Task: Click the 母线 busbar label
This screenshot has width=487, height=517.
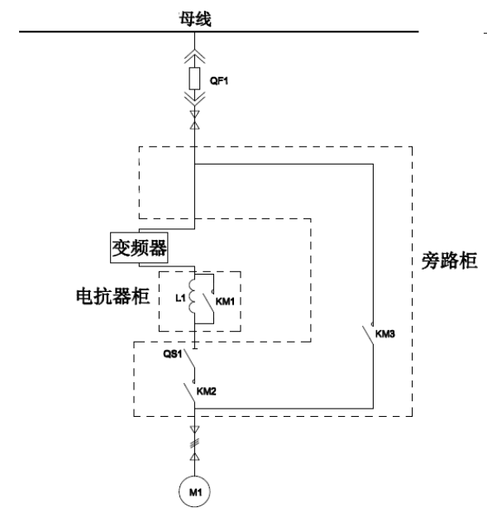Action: (x=195, y=19)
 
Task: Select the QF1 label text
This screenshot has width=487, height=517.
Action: (x=219, y=81)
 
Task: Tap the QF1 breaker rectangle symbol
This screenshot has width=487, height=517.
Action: (x=194, y=79)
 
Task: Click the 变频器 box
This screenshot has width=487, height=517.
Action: (x=139, y=248)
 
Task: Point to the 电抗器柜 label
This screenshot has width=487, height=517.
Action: (x=112, y=296)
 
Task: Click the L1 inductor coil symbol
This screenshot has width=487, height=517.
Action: (x=192, y=296)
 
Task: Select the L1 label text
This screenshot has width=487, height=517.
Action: (x=180, y=299)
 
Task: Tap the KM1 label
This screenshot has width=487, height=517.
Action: (x=225, y=301)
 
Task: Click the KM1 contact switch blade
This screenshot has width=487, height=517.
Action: (x=208, y=303)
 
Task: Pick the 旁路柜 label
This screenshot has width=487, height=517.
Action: (x=450, y=261)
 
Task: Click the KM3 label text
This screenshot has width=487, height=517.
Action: (x=384, y=334)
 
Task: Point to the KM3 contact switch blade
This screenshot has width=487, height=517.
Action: (x=368, y=335)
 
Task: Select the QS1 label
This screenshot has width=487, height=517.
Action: (x=173, y=354)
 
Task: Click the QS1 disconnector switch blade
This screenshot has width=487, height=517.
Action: (x=189, y=358)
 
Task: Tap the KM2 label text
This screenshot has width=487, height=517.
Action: (x=206, y=391)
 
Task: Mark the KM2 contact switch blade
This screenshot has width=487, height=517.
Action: (x=189, y=393)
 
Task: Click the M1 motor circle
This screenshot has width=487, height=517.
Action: (x=194, y=491)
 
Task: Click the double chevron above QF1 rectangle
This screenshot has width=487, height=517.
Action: (x=194, y=56)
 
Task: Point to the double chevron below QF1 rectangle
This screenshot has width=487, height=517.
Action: (x=194, y=99)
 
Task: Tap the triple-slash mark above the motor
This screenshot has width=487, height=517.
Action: (x=194, y=443)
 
